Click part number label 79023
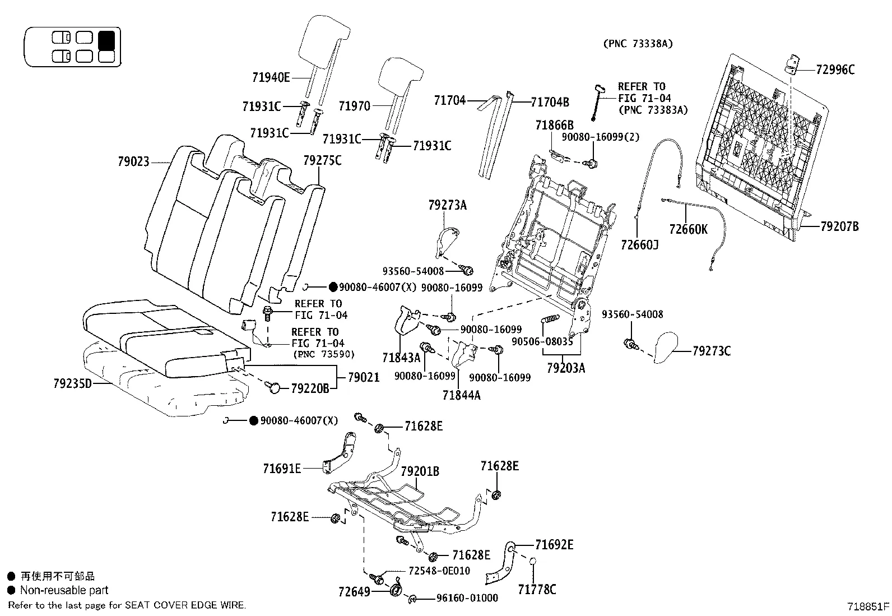pyautogui.click(x=133, y=162)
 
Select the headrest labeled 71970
pyautogui.click(x=398, y=76)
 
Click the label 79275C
pyautogui.click(x=322, y=161)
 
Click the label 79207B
pyautogui.click(x=839, y=227)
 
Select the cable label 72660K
pyautogui.click(x=688, y=229)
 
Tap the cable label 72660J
pyautogui.click(x=639, y=244)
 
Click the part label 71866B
pyautogui.click(x=554, y=125)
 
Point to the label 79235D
pyautogui.click(x=72, y=384)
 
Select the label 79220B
pyautogui.click(x=310, y=388)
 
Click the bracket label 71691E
pyautogui.click(x=282, y=468)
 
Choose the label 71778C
pyautogui.click(x=537, y=589)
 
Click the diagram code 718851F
pyautogui.click(x=868, y=606)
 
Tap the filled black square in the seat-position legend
pyautogui.click(x=106, y=40)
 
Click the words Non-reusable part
pyautogui.click(x=64, y=590)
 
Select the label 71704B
pyautogui.click(x=550, y=102)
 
